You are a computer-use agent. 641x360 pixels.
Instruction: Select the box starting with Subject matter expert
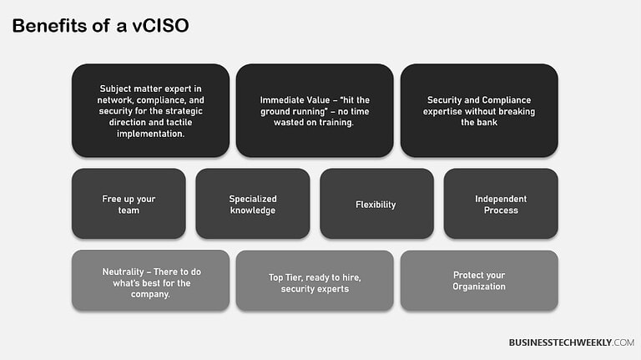pyautogui.click(x=150, y=110)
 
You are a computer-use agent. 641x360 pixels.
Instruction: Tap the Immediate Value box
pyautogui.click(x=314, y=110)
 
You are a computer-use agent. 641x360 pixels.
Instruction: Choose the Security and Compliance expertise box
pyautogui.click(x=478, y=110)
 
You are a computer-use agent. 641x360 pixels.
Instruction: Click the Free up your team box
pyautogui.click(x=129, y=204)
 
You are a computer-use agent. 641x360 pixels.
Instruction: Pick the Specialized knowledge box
pyautogui.click(x=252, y=204)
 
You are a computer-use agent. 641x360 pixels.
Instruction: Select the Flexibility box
pyautogui.click(x=376, y=204)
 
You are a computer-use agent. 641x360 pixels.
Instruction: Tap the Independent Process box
pyautogui.click(x=500, y=204)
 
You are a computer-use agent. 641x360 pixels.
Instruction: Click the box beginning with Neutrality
pyautogui.click(x=150, y=281)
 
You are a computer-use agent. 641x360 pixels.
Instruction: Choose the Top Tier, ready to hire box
pyautogui.click(x=314, y=281)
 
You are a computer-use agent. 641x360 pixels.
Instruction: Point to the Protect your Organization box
pyautogui.click(x=478, y=281)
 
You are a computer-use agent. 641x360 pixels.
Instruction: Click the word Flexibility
pyautogui.click(x=376, y=205)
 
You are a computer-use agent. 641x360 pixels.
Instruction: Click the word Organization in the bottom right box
pyautogui.click(x=479, y=286)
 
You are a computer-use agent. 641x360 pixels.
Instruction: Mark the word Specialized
pyautogui.click(x=253, y=199)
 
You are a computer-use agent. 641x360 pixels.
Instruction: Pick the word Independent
pyautogui.click(x=501, y=199)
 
